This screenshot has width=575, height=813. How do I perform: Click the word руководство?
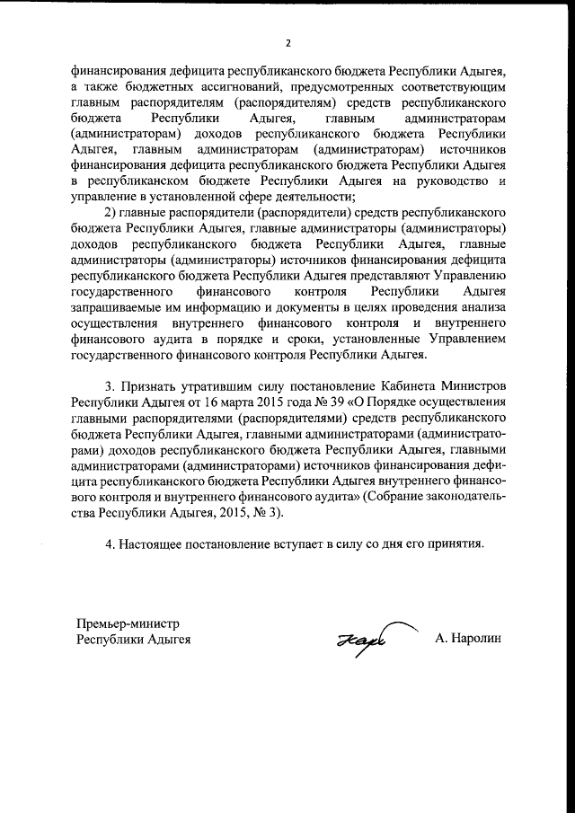(447, 181)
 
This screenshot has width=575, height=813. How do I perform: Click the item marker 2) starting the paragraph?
(111, 212)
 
